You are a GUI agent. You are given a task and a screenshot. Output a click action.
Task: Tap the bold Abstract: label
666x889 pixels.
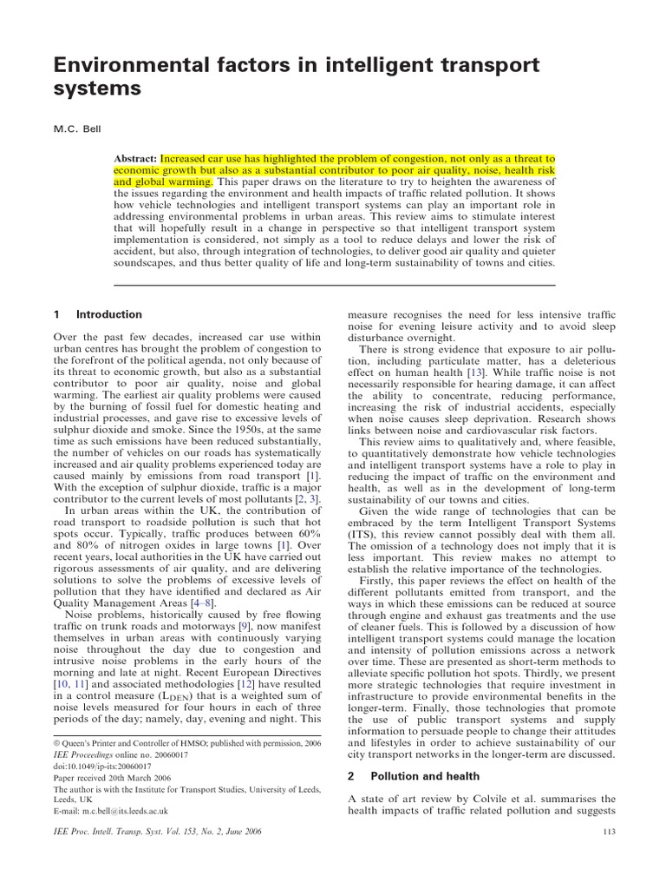pos(136,160)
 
